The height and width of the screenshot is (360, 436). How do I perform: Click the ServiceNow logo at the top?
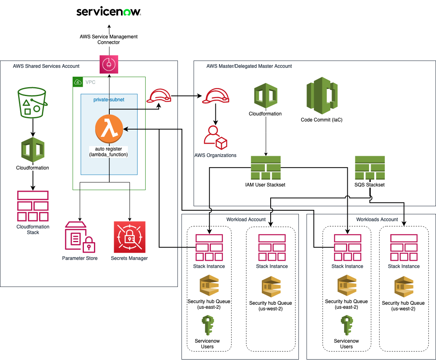point(108,12)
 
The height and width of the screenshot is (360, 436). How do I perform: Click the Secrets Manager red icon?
point(129,237)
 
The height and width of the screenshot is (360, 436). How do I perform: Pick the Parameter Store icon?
point(80,237)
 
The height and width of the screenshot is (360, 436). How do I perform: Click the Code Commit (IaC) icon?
point(321,95)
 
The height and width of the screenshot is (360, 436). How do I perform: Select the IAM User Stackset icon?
point(265,168)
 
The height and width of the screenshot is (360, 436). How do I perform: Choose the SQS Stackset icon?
point(369,168)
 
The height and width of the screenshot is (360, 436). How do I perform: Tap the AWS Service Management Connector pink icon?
point(109,65)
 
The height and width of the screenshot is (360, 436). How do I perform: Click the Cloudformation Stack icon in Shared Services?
point(33,206)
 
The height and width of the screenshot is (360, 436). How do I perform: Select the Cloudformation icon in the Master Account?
point(265,96)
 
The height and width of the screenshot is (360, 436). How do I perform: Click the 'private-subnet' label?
point(109,99)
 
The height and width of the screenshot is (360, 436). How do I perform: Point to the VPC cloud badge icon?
point(77,82)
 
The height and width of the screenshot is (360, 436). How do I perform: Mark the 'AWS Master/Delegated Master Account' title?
point(249,66)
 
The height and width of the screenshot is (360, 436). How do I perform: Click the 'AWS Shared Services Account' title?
point(46,66)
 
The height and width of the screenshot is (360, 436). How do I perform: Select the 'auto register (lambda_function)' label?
point(109,152)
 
